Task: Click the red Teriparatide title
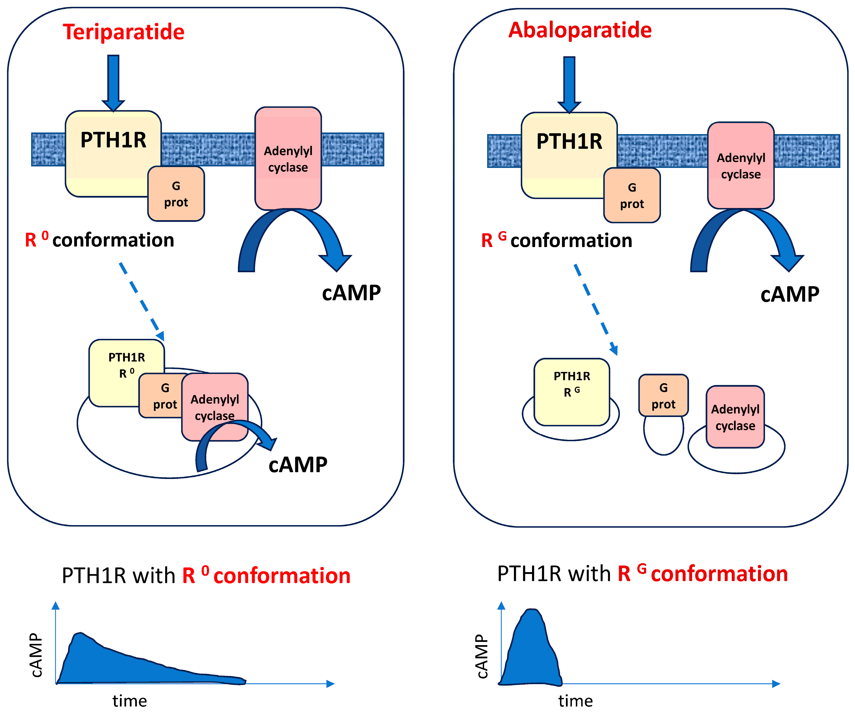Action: (123, 32)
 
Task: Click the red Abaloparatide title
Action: (580, 30)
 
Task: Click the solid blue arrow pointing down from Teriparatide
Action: (113, 82)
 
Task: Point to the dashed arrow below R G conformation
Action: (596, 309)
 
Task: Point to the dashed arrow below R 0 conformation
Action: (141, 301)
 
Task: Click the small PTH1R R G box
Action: (572, 391)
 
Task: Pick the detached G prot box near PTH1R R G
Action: (663, 395)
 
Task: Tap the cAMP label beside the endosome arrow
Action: (298, 464)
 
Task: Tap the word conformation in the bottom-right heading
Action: (719, 574)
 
